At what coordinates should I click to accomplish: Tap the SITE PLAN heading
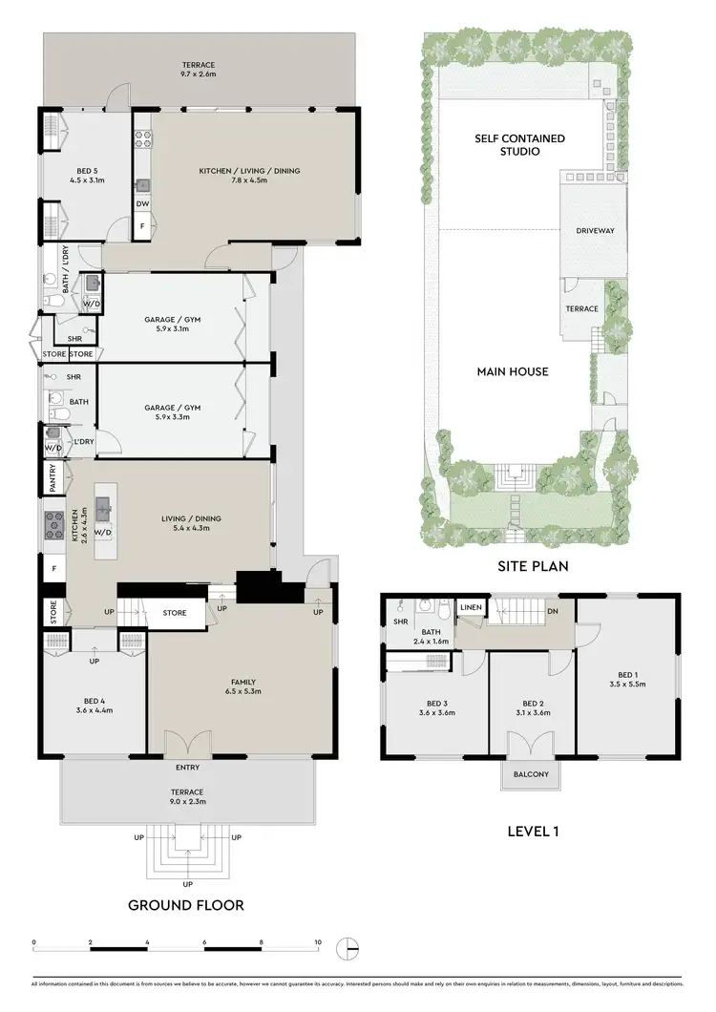tap(533, 565)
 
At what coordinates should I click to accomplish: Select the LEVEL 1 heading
tap(533, 831)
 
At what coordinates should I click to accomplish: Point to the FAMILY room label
tap(241, 682)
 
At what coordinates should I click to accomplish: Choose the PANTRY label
tap(53, 477)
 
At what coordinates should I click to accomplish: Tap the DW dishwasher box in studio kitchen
tap(142, 203)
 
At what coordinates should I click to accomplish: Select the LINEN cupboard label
tap(471, 607)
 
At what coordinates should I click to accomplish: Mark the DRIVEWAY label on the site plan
tap(595, 231)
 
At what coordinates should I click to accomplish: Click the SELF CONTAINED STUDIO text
tap(520, 145)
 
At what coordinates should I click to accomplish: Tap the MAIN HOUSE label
tap(513, 371)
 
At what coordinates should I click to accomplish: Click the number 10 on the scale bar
tap(318, 942)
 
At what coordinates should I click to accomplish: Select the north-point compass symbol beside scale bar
tap(350, 948)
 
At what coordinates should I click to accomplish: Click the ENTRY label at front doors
tap(187, 767)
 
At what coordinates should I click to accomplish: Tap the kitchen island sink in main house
tap(104, 504)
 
